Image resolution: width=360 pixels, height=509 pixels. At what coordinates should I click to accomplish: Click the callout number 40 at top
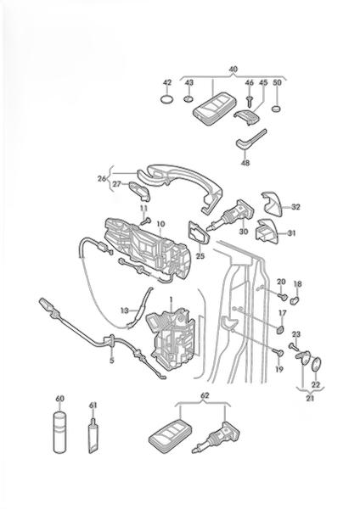tap(233, 70)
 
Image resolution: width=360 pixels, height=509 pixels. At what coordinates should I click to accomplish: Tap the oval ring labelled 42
tap(166, 99)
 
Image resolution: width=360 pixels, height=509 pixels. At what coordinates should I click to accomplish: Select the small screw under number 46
tap(250, 102)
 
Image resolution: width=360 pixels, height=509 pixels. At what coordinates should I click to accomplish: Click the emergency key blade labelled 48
tap(250, 141)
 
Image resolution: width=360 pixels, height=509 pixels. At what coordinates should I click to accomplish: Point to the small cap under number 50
tap(276, 109)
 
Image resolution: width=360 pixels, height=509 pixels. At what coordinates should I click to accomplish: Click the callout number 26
tap(102, 178)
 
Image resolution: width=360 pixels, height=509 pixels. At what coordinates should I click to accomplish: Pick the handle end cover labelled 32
tap(273, 203)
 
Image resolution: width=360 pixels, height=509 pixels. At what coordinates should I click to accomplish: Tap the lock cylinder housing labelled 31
tap(267, 231)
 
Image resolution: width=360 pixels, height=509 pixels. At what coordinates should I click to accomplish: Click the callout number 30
tap(244, 232)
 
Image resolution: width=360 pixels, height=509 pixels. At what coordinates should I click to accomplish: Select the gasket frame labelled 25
tap(199, 232)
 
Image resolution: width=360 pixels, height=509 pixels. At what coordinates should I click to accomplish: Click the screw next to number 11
tap(146, 221)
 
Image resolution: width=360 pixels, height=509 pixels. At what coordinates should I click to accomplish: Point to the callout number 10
tap(160, 224)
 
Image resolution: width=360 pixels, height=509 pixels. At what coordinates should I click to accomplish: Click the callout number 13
tap(125, 310)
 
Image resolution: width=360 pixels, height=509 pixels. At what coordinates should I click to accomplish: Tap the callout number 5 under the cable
tap(112, 361)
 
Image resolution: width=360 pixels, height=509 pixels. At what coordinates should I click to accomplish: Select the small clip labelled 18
tap(295, 300)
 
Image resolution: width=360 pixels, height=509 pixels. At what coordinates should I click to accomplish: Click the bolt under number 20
tap(283, 296)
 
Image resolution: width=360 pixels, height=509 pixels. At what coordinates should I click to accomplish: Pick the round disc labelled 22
tap(317, 364)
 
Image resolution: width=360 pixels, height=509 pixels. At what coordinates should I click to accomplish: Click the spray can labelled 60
tap(59, 432)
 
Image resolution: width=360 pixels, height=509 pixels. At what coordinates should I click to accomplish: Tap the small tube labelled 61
tap(93, 436)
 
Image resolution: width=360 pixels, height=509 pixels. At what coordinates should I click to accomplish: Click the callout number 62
tap(205, 395)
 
